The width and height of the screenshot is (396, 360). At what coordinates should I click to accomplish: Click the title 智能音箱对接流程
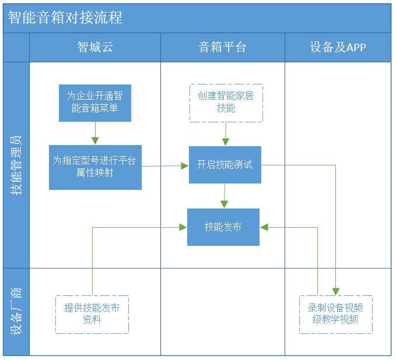tap(65, 17)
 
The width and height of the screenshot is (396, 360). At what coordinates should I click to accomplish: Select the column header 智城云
tap(95, 47)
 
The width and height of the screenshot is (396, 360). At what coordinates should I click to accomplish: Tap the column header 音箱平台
tap(222, 47)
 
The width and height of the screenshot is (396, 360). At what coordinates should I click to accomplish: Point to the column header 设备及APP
tap(338, 47)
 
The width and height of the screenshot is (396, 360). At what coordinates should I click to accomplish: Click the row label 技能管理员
tap(16, 165)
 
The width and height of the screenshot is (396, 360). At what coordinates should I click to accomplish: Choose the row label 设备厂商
tap(16, 312)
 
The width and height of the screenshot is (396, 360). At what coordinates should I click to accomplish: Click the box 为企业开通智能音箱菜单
tap(95, 103)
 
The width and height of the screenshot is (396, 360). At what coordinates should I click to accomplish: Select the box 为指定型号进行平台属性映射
tap(95, 167)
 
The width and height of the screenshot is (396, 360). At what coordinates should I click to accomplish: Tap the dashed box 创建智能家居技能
tap(226, 103)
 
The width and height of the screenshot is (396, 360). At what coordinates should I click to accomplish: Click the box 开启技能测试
tap(225, 165)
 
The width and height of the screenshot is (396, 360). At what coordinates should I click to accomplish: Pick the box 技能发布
tap(223, 227)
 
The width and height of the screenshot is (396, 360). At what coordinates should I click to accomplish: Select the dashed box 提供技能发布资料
tap(92, 315)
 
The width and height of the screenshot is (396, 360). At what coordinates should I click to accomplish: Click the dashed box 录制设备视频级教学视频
tap(336, 315)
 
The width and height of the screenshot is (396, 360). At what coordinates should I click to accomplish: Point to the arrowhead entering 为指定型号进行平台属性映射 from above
tap(95, 141)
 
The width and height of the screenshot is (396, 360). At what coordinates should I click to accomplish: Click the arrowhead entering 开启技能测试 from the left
tap(185, 166)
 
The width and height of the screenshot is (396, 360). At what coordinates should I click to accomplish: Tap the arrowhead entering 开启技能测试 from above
tap(226, 142)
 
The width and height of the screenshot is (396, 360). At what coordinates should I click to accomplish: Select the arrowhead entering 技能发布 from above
tap(225, 204)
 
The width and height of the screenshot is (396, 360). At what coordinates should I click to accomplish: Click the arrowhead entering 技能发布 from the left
tap(183, 227)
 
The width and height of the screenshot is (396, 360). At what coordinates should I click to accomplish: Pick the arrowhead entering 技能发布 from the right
tap(264, 227)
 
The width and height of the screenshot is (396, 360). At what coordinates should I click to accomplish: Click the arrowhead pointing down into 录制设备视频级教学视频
tap(336, 292)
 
